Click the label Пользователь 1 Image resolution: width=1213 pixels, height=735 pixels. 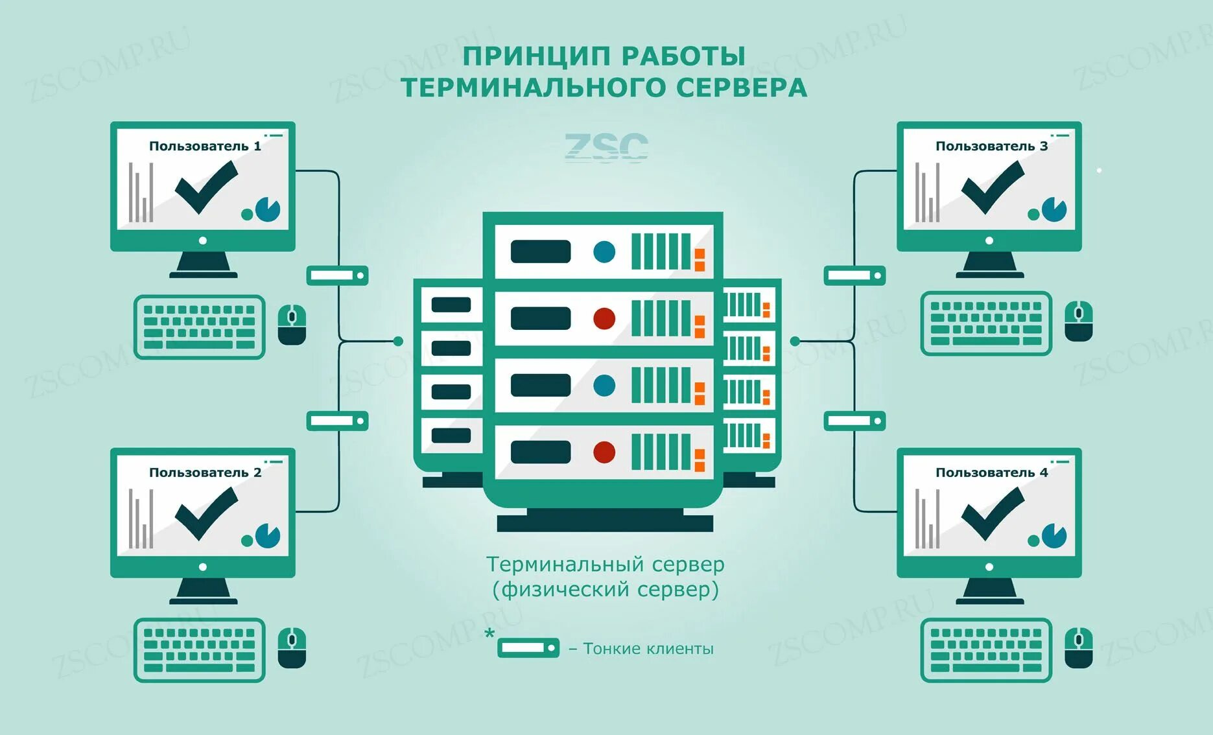pyautogui.click(x=205, y=146)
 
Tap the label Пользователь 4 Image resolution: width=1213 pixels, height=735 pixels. pyautogui.click(x=991, y=472)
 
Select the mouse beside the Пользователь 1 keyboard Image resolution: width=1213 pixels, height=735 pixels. pyautogui.click(x=292, y=325)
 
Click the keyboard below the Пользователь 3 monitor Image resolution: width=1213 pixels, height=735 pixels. pyautogui.click(x=985, y=323)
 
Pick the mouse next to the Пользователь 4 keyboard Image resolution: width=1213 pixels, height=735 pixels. pyautogui.click(x=1079, y=647)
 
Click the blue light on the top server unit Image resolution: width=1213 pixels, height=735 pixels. pyautogui.click(x=604, y=251)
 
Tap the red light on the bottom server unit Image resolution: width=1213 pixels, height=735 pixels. pyautogui.click(x=604, y=452)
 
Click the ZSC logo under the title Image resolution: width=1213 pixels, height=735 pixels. pyautogui.click(x=606, y=147)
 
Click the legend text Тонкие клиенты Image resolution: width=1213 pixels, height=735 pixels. pyautogui.click(x=648, y=649)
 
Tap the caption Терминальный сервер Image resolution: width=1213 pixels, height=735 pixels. pyautogui.click(x=605, y=565)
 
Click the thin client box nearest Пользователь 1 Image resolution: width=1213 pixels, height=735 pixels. pyautogui.click(x=337, y=275)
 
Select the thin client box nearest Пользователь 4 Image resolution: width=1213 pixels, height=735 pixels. pyautogui.click(x=854, y=421)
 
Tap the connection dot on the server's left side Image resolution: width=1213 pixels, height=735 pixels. pyautogui.click(x=398, y=341)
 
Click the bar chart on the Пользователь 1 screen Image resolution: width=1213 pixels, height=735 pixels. pyautogui.click(x=141, y=192)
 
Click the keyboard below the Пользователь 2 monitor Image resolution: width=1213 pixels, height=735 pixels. pyautogui.click(x=200, y=649)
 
